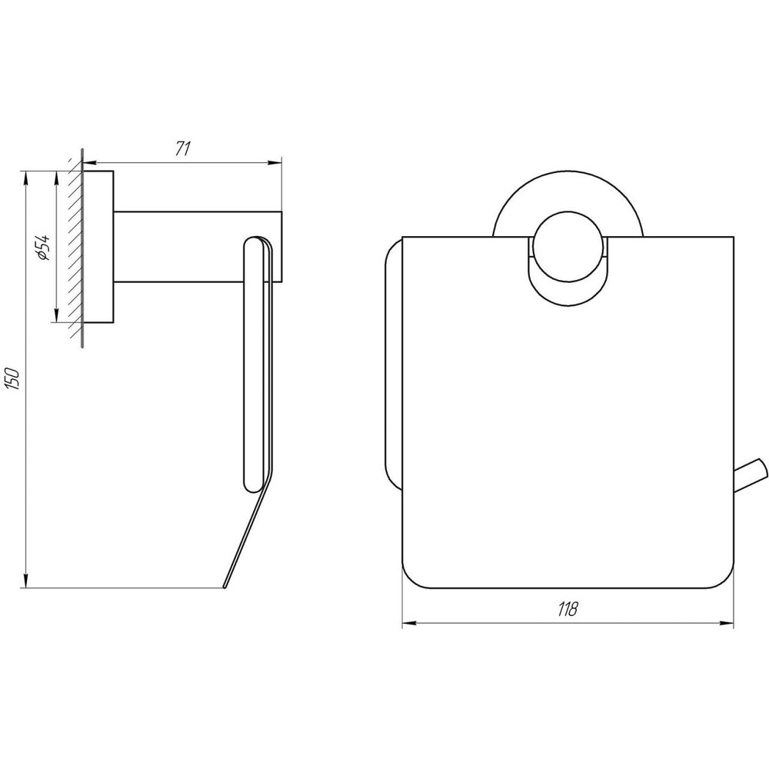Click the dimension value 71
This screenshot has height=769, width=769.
tap(182, 149)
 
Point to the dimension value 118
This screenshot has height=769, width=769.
tap(568, 609)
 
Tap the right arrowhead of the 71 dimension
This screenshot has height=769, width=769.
tap(277, 162)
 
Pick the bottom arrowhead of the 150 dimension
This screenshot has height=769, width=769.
tap(28, 584)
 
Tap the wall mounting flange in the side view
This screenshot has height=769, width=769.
tap(99, 246)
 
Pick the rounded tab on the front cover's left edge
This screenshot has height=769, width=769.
tap(392, 369)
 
